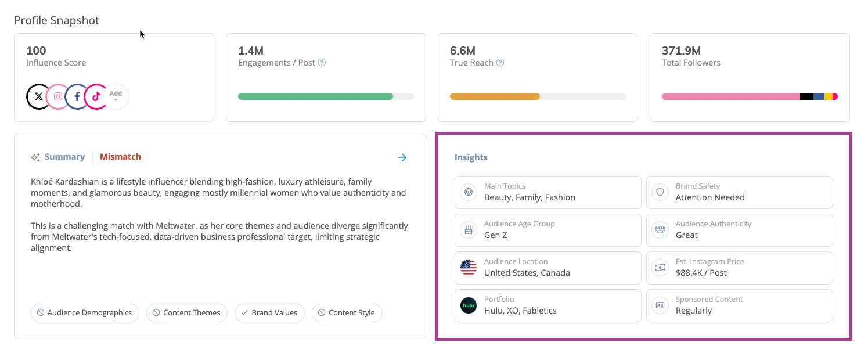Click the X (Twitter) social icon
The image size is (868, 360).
(38, 97)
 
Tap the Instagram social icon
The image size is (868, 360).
(58, 97)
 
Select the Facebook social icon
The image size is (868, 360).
(77, 97)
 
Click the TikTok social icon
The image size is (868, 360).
(96, 97)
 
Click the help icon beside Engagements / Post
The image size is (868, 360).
(322, 63)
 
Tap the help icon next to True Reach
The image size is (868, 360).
(500, 63)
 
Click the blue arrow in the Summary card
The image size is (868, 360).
(402, 157)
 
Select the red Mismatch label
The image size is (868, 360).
(120, 157)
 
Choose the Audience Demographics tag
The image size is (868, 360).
(85, 313)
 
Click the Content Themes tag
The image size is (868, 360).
(186, 313)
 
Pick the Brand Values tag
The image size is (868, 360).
(269, 313)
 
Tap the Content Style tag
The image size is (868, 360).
(347, 313)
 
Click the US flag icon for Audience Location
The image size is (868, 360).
(469, 268)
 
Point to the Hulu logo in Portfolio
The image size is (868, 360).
(469, 305)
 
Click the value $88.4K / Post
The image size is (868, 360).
(701, 273)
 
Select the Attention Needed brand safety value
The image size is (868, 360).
(710, 197)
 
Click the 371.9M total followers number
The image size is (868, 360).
(681, 51)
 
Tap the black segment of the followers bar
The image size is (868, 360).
(806, 96)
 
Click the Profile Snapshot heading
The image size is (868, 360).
(56, 21)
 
